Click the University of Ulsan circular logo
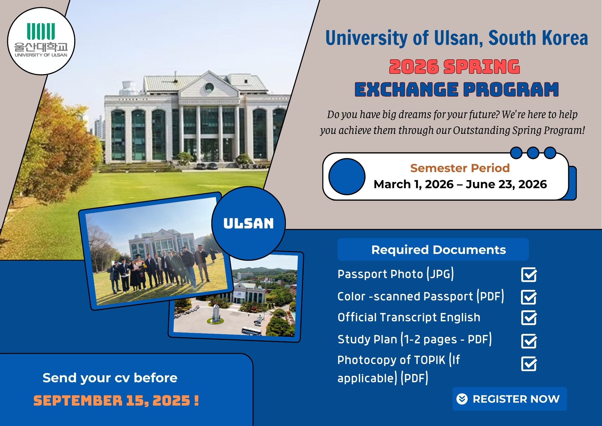41,41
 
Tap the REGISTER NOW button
509,399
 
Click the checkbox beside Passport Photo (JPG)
529,275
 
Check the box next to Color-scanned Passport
529,297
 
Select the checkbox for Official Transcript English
529,318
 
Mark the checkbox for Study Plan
529,341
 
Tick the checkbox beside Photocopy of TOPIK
529,364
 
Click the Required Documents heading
439,250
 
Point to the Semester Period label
460,168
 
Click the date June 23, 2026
506,184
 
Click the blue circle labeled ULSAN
249,223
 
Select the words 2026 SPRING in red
455,67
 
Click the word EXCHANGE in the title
406,90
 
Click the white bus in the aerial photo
251,331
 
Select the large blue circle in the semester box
347,177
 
